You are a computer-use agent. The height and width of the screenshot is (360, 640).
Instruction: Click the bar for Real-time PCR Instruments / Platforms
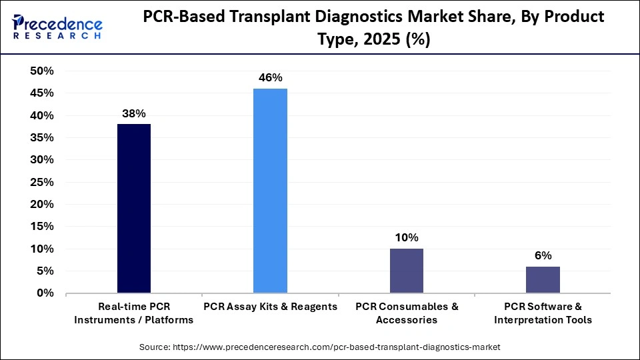[x=134, y=208]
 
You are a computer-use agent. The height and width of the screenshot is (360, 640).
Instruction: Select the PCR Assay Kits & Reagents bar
[x=270, y=191]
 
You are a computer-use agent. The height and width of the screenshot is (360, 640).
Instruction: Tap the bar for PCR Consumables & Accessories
[x=406, y=271]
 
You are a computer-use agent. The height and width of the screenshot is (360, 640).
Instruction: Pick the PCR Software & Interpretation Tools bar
[x=543, y=279]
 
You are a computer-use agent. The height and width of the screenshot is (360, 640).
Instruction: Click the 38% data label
[x=134, y=113]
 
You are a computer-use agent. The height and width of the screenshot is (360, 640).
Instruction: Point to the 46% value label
[x=270, y=78]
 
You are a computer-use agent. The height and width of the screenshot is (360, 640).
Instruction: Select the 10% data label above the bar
[x=406, y=237]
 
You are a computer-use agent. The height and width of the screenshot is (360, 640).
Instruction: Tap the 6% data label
[x=543, y=255]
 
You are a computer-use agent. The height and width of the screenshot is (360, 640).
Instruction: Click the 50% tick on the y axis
[x=41, y=71]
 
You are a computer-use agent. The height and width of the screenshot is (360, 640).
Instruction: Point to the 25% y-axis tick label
[x=41, y=182]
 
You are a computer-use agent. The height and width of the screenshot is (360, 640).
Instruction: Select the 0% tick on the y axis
[x=45, y=293]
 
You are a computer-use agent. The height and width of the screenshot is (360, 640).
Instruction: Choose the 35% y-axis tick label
[x=41, y=138]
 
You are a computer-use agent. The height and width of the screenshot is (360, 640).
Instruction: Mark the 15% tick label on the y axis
[x=41, y=227]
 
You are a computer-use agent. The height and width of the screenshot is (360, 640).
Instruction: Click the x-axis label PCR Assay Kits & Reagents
[x=270, y=307]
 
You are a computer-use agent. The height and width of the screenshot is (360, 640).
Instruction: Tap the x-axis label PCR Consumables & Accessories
[x=406, y=313]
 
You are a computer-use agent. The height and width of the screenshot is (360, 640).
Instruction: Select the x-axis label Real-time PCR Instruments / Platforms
[x=134, y=313]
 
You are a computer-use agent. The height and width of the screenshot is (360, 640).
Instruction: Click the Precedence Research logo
[x=57, y=27]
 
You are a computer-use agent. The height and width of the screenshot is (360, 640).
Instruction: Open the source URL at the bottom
[x=319, y=347]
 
